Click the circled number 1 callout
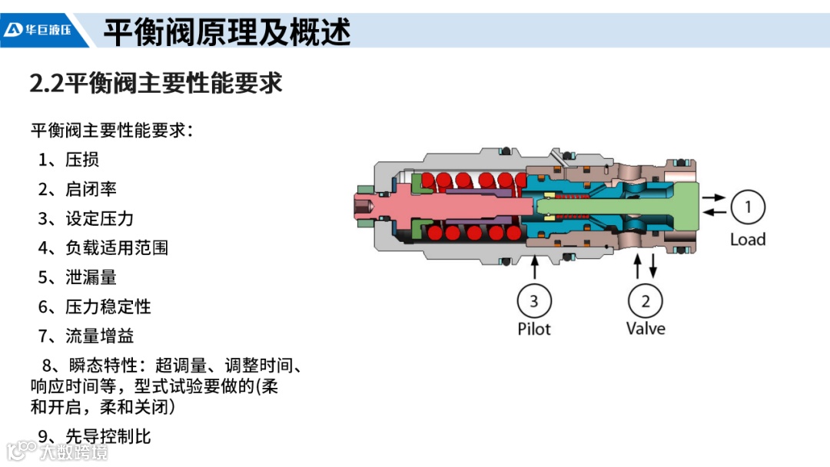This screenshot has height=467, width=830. (x=748, y=206)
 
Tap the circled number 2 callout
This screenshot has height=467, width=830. (x=646, y=300)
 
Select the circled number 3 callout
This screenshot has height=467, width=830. (x=534, y=300)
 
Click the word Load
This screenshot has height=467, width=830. (x=748, y=240)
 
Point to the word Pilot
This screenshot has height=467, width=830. (x=534, y=329)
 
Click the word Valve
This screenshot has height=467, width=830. (x=646, y=329)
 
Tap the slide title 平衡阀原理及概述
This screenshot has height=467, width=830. (x=227, y=32)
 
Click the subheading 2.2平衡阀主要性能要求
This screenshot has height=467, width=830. (x=156, y=83)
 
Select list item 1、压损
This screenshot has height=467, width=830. (x=69, y=160)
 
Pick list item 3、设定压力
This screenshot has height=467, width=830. (x=86, y=218)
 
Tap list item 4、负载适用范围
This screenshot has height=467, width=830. (x=103, y=247)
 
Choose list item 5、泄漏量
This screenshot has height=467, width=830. (x=78, y=277)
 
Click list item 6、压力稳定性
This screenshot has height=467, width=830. (x=95, y=306)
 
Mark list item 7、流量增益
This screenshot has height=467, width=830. (x=86, y=336)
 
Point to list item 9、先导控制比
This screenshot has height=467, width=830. (x=95, y=437)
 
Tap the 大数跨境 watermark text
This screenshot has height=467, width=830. (x=74, y=451)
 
